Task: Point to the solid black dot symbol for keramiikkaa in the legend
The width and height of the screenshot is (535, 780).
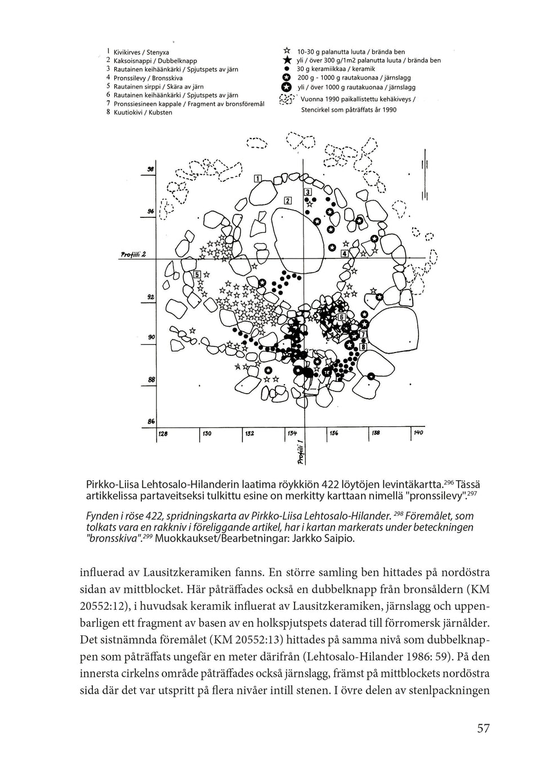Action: [287, 69]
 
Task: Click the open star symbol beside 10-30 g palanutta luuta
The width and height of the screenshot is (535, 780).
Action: [287, 51]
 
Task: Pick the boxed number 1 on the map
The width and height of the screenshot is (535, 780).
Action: [258, 179]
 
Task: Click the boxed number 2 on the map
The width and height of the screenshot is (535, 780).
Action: [287, 200]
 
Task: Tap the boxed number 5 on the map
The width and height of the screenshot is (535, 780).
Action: [197, 274]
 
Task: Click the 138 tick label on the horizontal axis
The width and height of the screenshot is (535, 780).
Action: [376, 433]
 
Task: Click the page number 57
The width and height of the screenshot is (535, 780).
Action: [483, 728]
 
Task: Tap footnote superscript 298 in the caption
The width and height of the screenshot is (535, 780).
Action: [397, 513]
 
